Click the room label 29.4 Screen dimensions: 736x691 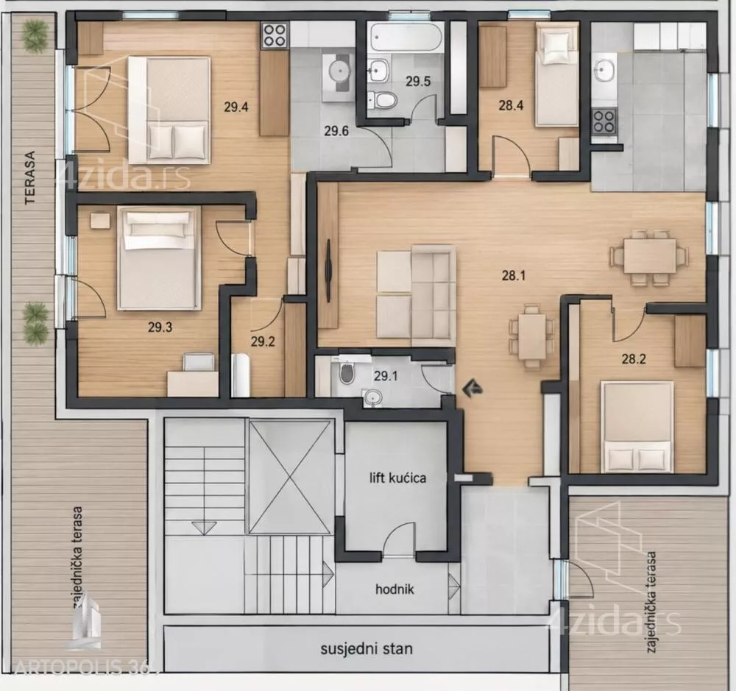236,107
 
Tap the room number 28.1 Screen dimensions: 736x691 514,275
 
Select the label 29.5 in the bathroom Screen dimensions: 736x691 418,81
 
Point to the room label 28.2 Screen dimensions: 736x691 634,359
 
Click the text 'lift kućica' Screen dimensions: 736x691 397,478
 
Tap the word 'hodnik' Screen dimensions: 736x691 394,589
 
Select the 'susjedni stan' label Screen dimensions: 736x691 367,649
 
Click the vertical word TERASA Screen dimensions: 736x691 30,177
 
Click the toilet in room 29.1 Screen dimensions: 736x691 347,372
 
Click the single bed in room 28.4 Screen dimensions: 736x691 556,76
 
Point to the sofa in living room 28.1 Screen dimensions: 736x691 417,296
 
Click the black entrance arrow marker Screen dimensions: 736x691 473,389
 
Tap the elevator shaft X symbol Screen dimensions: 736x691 289,478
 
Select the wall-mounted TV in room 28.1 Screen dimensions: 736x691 328,271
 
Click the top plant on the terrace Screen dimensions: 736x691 35,35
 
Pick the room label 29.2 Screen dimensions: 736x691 263,341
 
